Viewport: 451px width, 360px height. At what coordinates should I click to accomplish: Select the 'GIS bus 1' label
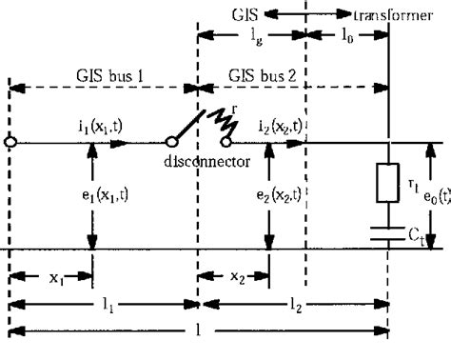pyautogui.click(x=101, y=75)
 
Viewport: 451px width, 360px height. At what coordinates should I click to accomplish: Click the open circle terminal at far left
pyautogui.click(x=10, y=143)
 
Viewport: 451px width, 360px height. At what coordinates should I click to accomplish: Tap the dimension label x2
pyautogui.click(x=234, y=283)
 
